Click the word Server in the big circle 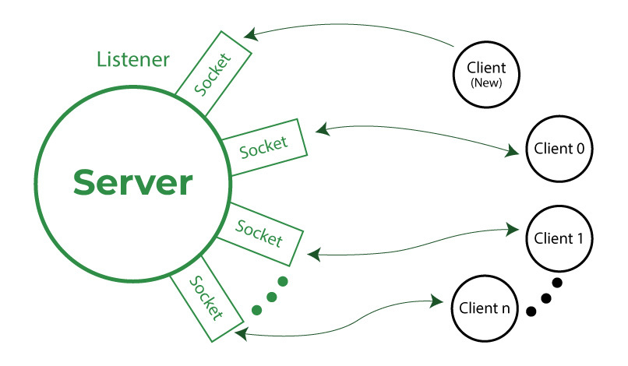[x=132, y=183]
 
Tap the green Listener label [x=133, y=60]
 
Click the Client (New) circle [x=486, y=75]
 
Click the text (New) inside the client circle [x=486, y=82]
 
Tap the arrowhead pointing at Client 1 [x=514, y=229]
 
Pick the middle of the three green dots [x=271, y=295]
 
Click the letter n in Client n [x=506, y=309]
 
